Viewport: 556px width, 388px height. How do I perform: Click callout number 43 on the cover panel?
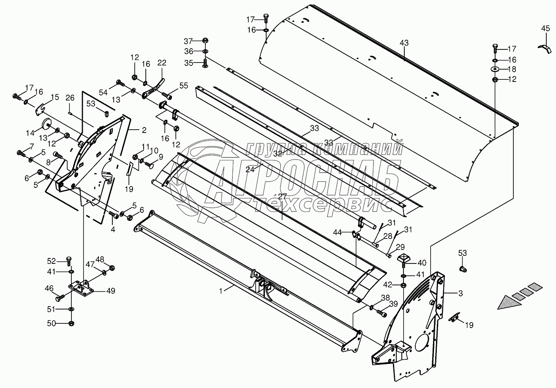click(404, 43)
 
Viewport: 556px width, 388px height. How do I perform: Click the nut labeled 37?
click(204, 41)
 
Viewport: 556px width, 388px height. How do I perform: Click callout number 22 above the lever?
click(162, 63)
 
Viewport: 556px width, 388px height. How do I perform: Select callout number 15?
click(55, 98)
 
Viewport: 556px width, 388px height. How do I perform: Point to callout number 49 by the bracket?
click(111, 290)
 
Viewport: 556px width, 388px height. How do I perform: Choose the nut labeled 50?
click(71, 324)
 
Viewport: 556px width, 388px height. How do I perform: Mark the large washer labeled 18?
click(495, 69)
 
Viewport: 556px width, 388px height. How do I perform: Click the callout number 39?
click(393, 304)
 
